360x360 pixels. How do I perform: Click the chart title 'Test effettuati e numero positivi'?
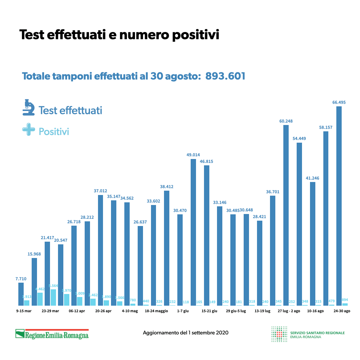[x=119, y=35]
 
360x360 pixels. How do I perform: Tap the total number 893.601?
[x=225, y=76]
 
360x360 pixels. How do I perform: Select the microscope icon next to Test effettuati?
[x=29, y=107]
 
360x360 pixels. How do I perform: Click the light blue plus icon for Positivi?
[x=28, y=129]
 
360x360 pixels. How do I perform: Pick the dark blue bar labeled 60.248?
[x=286, y=215]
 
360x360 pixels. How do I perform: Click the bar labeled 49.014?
[x=193, y=232]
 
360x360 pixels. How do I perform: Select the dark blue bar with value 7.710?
[x=21, y=294]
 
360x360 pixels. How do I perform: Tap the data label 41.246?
[x=312, y=178]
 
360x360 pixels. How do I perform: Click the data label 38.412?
[x=167, y=187]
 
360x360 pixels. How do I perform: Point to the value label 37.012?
[x=100, y=191]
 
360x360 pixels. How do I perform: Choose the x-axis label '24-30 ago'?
[x=342, y=311]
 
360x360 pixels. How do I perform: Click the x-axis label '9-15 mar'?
[x=24, y=311]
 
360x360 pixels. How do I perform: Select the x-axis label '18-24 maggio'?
[x=156, y=311]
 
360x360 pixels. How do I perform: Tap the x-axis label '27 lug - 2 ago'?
[x=289, y=311]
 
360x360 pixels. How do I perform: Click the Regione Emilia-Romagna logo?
[x=52, y=334]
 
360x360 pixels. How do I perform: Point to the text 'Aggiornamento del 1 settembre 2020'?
[x=186, y=333]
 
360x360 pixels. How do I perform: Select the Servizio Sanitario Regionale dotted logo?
[x=279, y=334]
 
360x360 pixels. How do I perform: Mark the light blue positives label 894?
[x=345, y=300]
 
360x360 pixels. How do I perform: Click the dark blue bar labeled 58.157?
[x=326, y=218]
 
